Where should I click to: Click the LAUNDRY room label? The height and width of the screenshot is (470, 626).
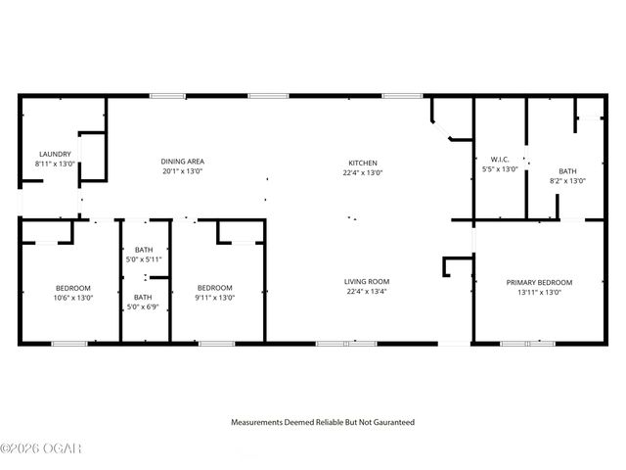54,155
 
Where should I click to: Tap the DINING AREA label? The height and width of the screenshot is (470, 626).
183,162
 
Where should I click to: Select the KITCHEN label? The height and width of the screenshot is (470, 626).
363,163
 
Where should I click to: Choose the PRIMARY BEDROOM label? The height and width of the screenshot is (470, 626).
539,282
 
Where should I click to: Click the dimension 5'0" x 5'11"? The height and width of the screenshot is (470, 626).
143,259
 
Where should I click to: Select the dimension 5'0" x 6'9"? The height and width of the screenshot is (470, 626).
143,306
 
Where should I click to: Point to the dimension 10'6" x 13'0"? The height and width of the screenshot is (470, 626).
73,298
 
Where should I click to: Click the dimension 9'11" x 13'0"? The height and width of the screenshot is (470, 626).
214,298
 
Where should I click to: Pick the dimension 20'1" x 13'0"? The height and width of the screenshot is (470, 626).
183,171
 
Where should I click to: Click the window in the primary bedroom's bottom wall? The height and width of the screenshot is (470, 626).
527,344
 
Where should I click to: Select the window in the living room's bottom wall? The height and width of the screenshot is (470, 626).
347,344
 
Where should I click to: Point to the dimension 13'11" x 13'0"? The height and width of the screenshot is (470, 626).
539,292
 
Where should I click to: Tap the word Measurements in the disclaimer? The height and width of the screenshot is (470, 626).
258,422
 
